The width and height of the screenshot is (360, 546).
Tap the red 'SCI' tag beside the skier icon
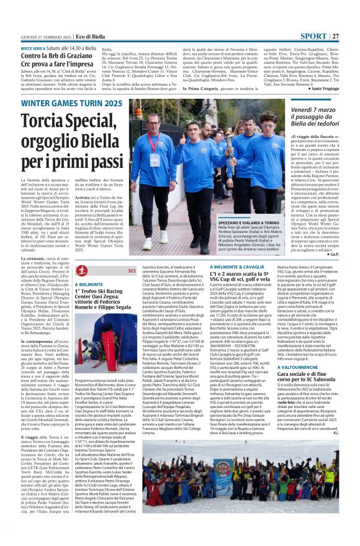click(132, 270)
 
